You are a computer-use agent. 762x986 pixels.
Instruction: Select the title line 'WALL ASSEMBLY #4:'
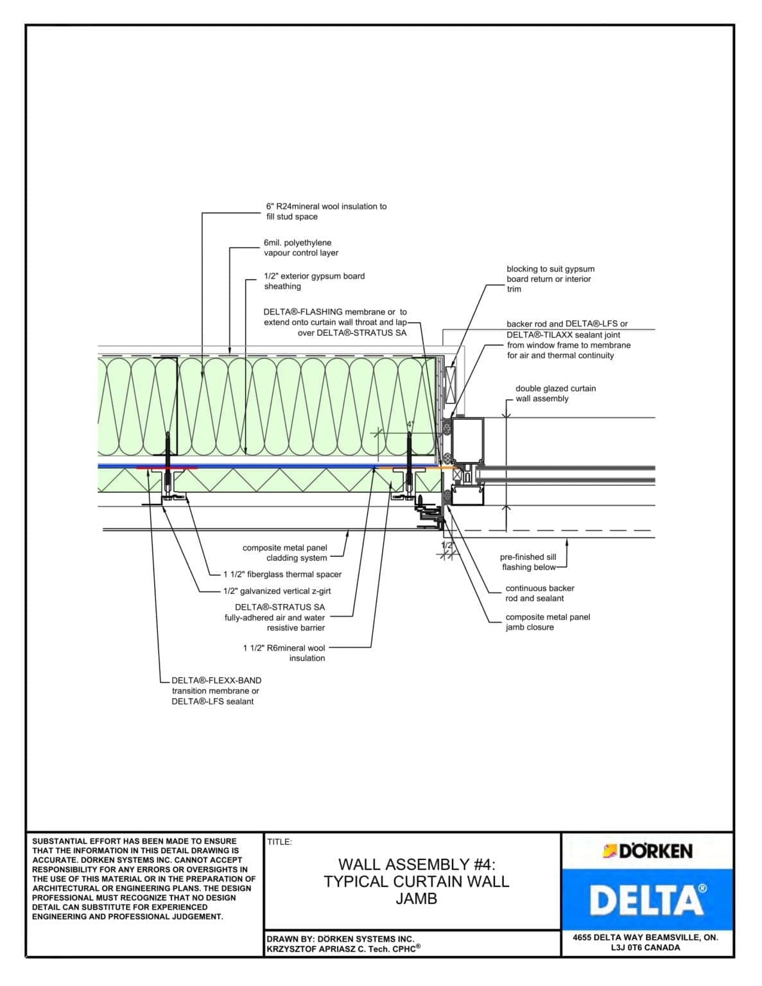[417, 864]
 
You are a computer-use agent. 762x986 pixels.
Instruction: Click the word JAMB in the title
[416, 899]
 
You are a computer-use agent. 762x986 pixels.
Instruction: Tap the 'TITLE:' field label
[279, 842]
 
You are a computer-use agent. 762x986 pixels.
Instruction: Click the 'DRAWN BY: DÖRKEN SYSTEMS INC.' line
[340, 938]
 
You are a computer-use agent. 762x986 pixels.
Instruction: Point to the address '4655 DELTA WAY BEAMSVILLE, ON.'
[645, 937]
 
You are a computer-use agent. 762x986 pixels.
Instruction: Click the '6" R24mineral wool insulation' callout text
[326, 207]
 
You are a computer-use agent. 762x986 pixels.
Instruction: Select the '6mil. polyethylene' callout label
[297, 243]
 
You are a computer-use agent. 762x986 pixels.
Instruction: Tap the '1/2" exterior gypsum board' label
[314, 276]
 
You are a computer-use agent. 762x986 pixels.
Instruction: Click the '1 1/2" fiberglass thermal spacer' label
[282, 575]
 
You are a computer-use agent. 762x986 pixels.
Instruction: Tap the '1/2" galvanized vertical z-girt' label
[277, 591]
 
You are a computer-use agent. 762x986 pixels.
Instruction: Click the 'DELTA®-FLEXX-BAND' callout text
[216, 680]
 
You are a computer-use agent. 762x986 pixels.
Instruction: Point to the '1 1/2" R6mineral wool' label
[284, 648]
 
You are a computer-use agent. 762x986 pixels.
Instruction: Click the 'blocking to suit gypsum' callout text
[550, 269]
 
